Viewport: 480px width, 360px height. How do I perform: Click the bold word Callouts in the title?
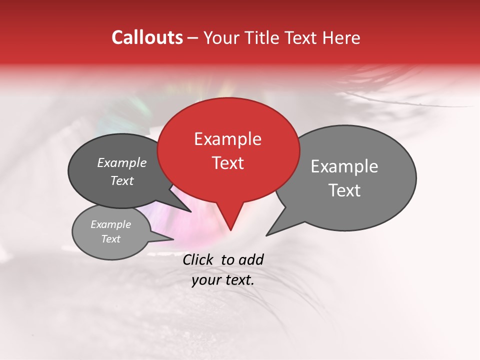pos(147,37)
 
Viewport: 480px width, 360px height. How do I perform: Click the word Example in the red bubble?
pos(227,139)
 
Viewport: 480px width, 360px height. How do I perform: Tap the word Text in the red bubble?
pos(228,163)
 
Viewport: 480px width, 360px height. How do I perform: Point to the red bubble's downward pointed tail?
pos(230,227)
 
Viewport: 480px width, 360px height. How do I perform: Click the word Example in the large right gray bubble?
pos(344,166)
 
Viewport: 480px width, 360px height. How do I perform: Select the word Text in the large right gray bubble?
pos(344,190)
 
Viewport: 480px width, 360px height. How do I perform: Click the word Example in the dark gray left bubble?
pos(122,162)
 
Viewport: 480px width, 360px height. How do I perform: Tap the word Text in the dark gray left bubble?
pos(122,180)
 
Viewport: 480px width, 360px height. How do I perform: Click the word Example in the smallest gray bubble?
pos(110,224)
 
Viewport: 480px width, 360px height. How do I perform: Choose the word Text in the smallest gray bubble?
pos(110,239)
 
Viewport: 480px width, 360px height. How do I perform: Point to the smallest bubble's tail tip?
pos(172,239)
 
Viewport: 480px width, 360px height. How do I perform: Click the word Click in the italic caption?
pos(198,259)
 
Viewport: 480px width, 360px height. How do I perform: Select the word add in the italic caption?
pos(251,259)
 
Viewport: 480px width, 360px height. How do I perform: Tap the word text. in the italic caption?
pos(237,280)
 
